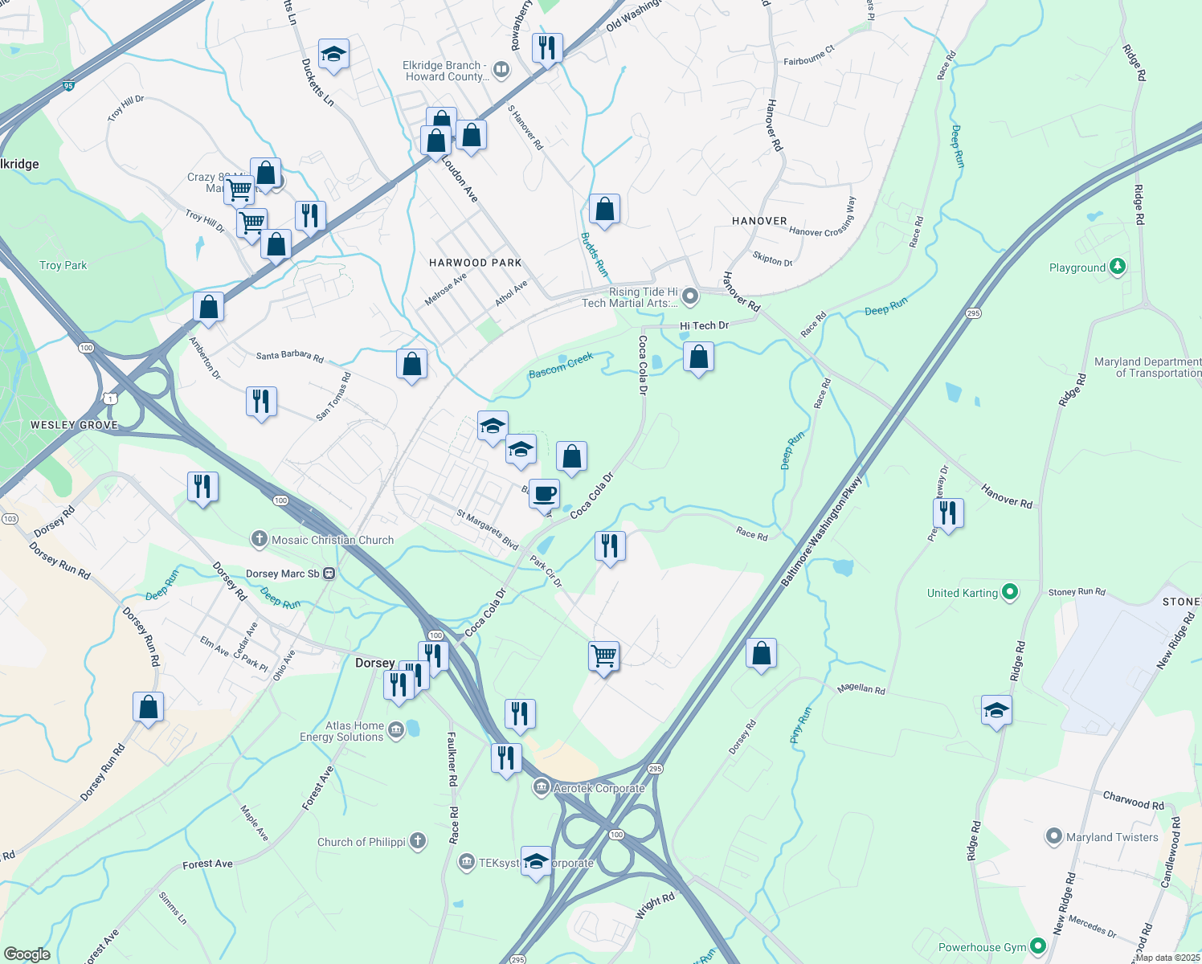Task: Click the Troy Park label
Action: coord(63,265)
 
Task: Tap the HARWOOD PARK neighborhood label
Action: coord(475,263)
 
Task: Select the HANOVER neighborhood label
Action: coord(759,221)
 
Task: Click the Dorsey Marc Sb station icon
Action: coord(329,574)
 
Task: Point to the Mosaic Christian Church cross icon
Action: coord(259,539)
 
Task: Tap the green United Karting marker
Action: coord(1011,593)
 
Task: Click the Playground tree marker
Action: coord(1117,267)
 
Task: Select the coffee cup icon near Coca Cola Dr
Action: coord(545,492)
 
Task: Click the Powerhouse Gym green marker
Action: coord(1038,947)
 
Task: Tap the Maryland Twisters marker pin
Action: coord(1053,836)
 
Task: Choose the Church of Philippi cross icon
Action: coord(417,841)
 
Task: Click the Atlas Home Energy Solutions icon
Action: coord(395,730)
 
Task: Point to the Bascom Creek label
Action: coord(561,365)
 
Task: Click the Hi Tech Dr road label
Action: coord(704,325)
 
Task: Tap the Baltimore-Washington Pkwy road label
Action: coord(822,530)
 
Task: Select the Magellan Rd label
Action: coord(861,688)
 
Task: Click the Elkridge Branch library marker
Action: coord(501,70)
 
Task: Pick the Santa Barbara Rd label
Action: coord(289,356)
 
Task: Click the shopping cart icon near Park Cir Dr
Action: coord(603,656)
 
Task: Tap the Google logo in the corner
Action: coord(27,954)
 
